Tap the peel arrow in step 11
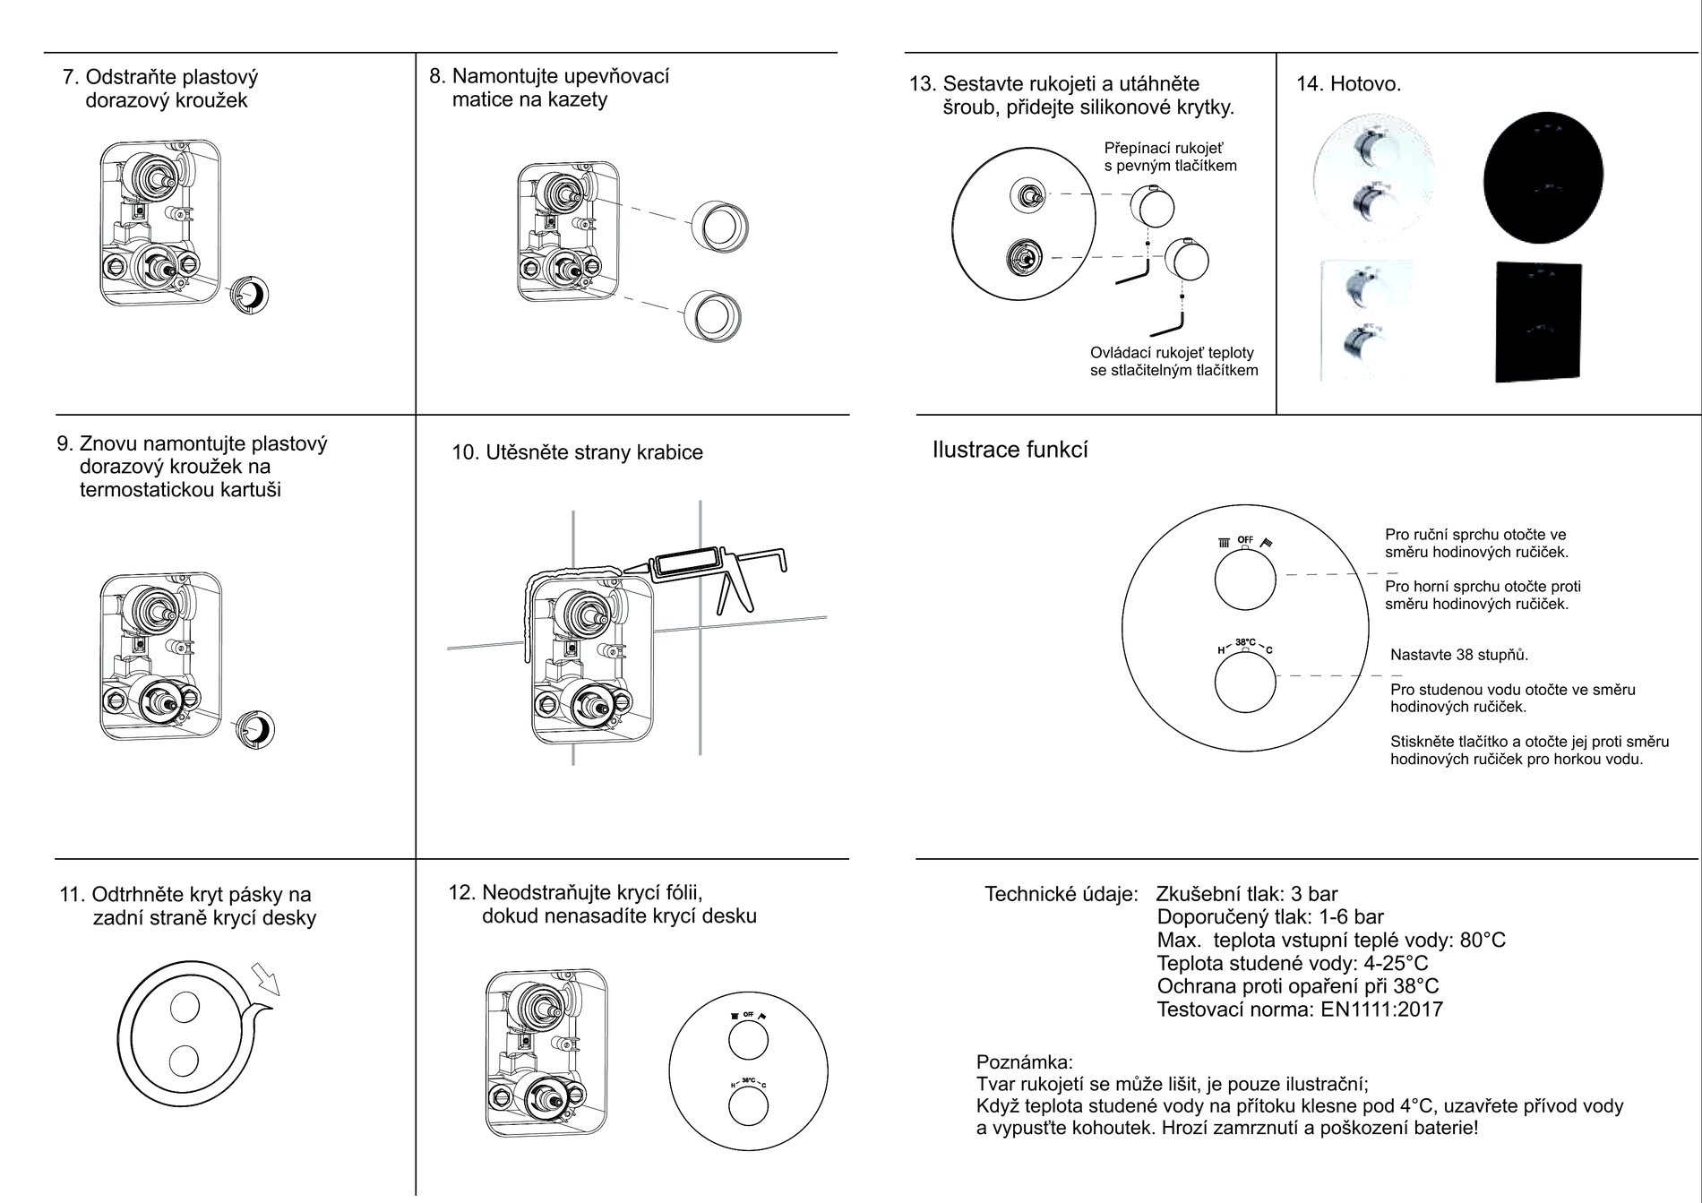[x=266, y=979]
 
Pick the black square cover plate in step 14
[x=1537, y=321]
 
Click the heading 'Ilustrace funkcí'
[x=1010, y=450]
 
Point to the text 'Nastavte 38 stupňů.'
[x=1459, y=655]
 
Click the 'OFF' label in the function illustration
[x=1245, y=539]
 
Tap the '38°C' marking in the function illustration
[x=1245, y=642]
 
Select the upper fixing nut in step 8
[x=719, y=224]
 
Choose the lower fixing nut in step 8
[x=713, y=316]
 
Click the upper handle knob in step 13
[x=1151, y=205]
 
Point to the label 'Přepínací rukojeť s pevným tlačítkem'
[x=1169, y=157]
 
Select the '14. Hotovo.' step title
[x=1348, y=84]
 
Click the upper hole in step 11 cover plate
[x=184, y=1008]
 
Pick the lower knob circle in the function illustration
[x=1244, y=685]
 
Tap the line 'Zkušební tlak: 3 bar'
[x=1246, y=894]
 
